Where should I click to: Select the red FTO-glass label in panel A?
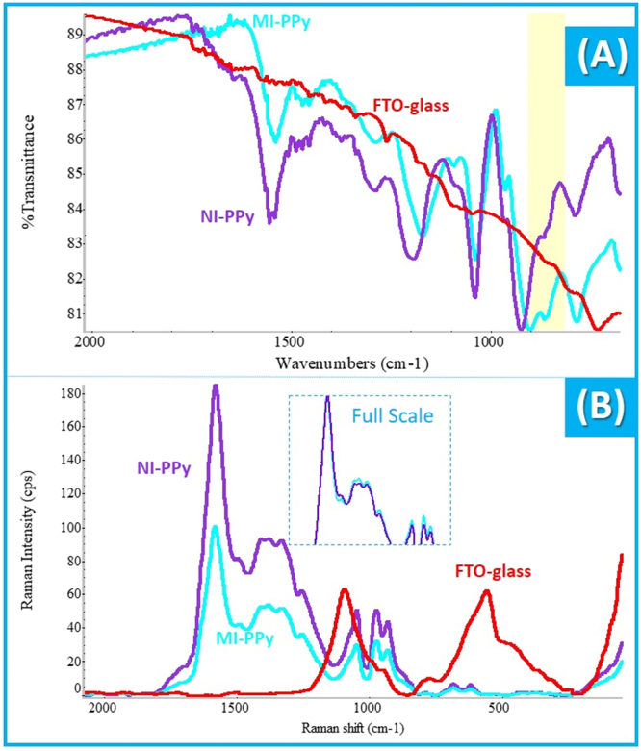pyautogui.click(x=411, y=104)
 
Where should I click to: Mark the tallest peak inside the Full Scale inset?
pyautogui.click(x=327, y=397)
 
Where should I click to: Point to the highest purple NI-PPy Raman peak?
pyautogui.click(x=216, y=387)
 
